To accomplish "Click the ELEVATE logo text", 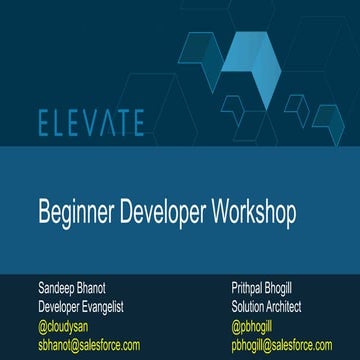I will tap(91, 123).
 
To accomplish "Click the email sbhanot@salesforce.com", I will tap(89, 344).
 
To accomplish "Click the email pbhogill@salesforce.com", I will tap(280, 344).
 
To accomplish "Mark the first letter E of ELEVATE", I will tap(46, 123).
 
